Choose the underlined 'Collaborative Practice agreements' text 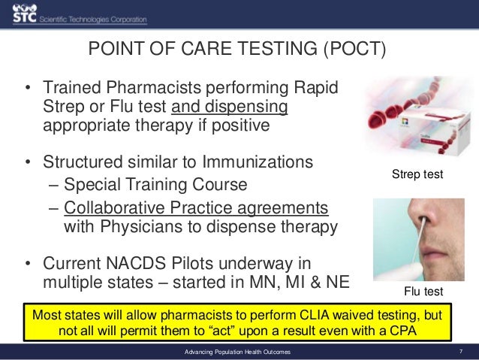click(196, 207)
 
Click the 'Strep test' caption click(418, 174)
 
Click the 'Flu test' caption click(419, 291)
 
